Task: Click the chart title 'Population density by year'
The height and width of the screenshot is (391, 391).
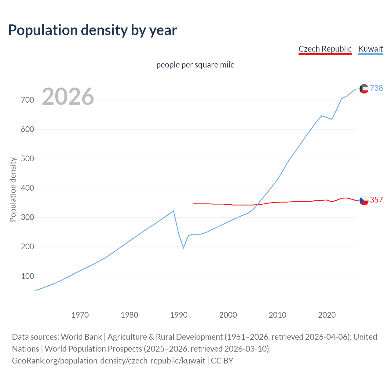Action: (93, 30)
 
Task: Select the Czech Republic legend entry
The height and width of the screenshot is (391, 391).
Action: (325, 49)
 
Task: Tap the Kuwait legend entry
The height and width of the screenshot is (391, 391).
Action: (370, 49)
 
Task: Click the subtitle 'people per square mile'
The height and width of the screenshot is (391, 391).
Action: (195, 65)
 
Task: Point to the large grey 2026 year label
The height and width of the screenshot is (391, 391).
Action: (68, 97)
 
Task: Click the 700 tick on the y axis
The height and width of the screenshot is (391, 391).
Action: (27, 100)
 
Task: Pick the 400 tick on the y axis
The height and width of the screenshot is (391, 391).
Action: (27, 188)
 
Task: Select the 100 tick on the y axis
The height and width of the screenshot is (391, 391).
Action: (27, 276)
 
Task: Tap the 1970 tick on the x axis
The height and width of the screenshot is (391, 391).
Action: (80, 315)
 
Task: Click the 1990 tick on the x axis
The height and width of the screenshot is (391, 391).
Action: (179, 315)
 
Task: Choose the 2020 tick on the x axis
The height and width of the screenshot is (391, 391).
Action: (327, 315)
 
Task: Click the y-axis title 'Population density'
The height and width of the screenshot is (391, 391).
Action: (13, 189)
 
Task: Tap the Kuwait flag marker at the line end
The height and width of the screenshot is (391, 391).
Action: (364, 89)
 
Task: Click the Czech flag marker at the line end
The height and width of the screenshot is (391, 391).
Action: (364, 200)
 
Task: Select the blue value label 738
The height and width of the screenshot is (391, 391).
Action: (376, 88)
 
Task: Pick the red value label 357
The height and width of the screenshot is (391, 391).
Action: (376, 200)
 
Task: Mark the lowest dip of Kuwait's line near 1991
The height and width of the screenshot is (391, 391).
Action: (184, 247)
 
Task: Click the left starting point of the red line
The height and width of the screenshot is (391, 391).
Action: (194, 203)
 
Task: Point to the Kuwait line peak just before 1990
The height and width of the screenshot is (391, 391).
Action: (174, 211)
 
